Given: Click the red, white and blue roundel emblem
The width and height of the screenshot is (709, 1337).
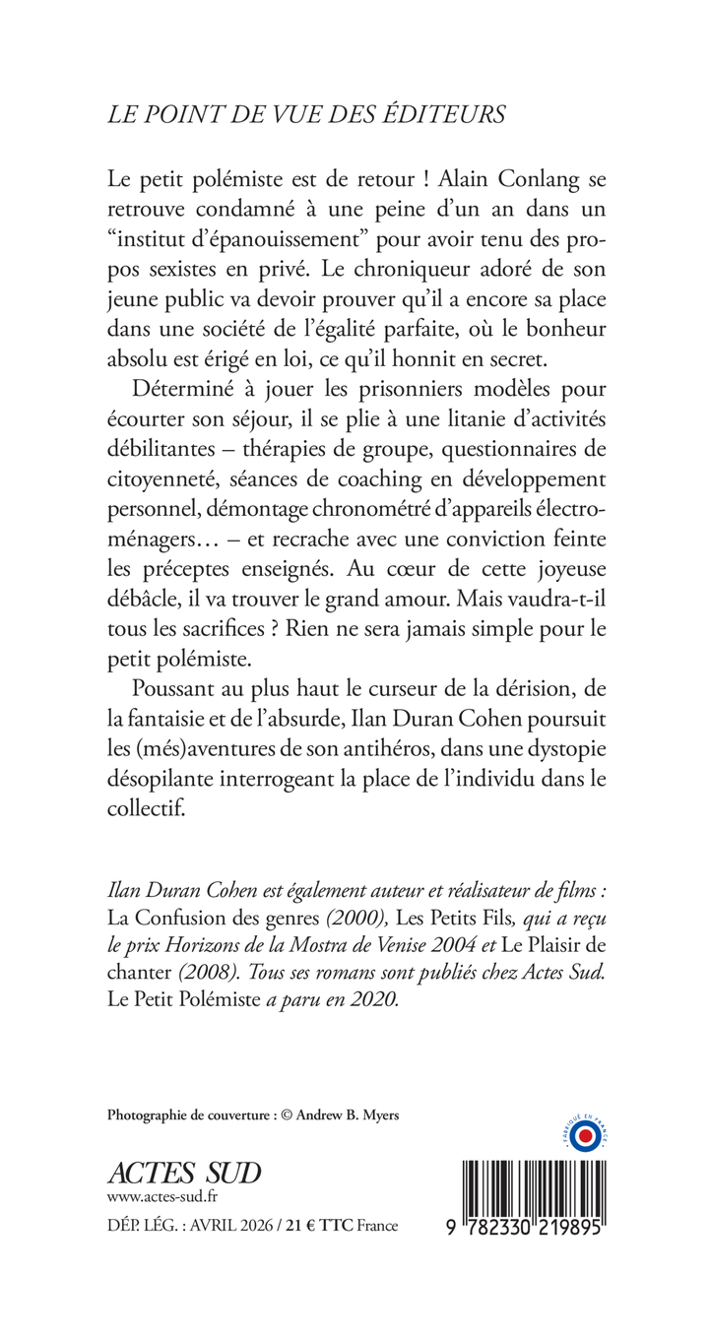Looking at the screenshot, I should tap(583, 1137).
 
